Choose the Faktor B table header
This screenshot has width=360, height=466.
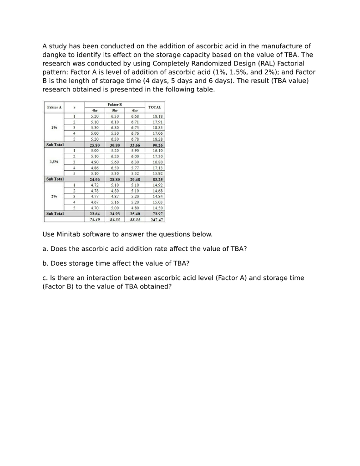point(115,105)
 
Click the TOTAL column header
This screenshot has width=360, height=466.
point(154,107)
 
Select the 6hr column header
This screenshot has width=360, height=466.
point(135,110)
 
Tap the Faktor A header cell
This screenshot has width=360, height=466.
point(54,107)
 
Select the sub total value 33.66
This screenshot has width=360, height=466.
point(135,145)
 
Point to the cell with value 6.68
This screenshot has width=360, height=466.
point(135,116)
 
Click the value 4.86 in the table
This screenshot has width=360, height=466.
point(95,167)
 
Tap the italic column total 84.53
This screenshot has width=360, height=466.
point(115,219)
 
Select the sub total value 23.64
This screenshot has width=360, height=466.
point(95,213)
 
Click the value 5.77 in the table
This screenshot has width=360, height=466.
point(135,167)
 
